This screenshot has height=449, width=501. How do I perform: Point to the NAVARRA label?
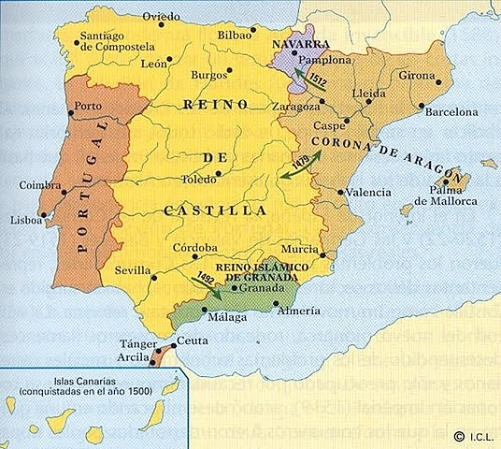click(297, 44)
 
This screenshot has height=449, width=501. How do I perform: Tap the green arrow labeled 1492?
click(208, 283)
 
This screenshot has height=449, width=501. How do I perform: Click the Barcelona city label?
click(451, 111)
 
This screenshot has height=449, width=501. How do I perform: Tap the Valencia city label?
click(368, 192)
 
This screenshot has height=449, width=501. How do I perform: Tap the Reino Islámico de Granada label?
click(256, 272)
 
